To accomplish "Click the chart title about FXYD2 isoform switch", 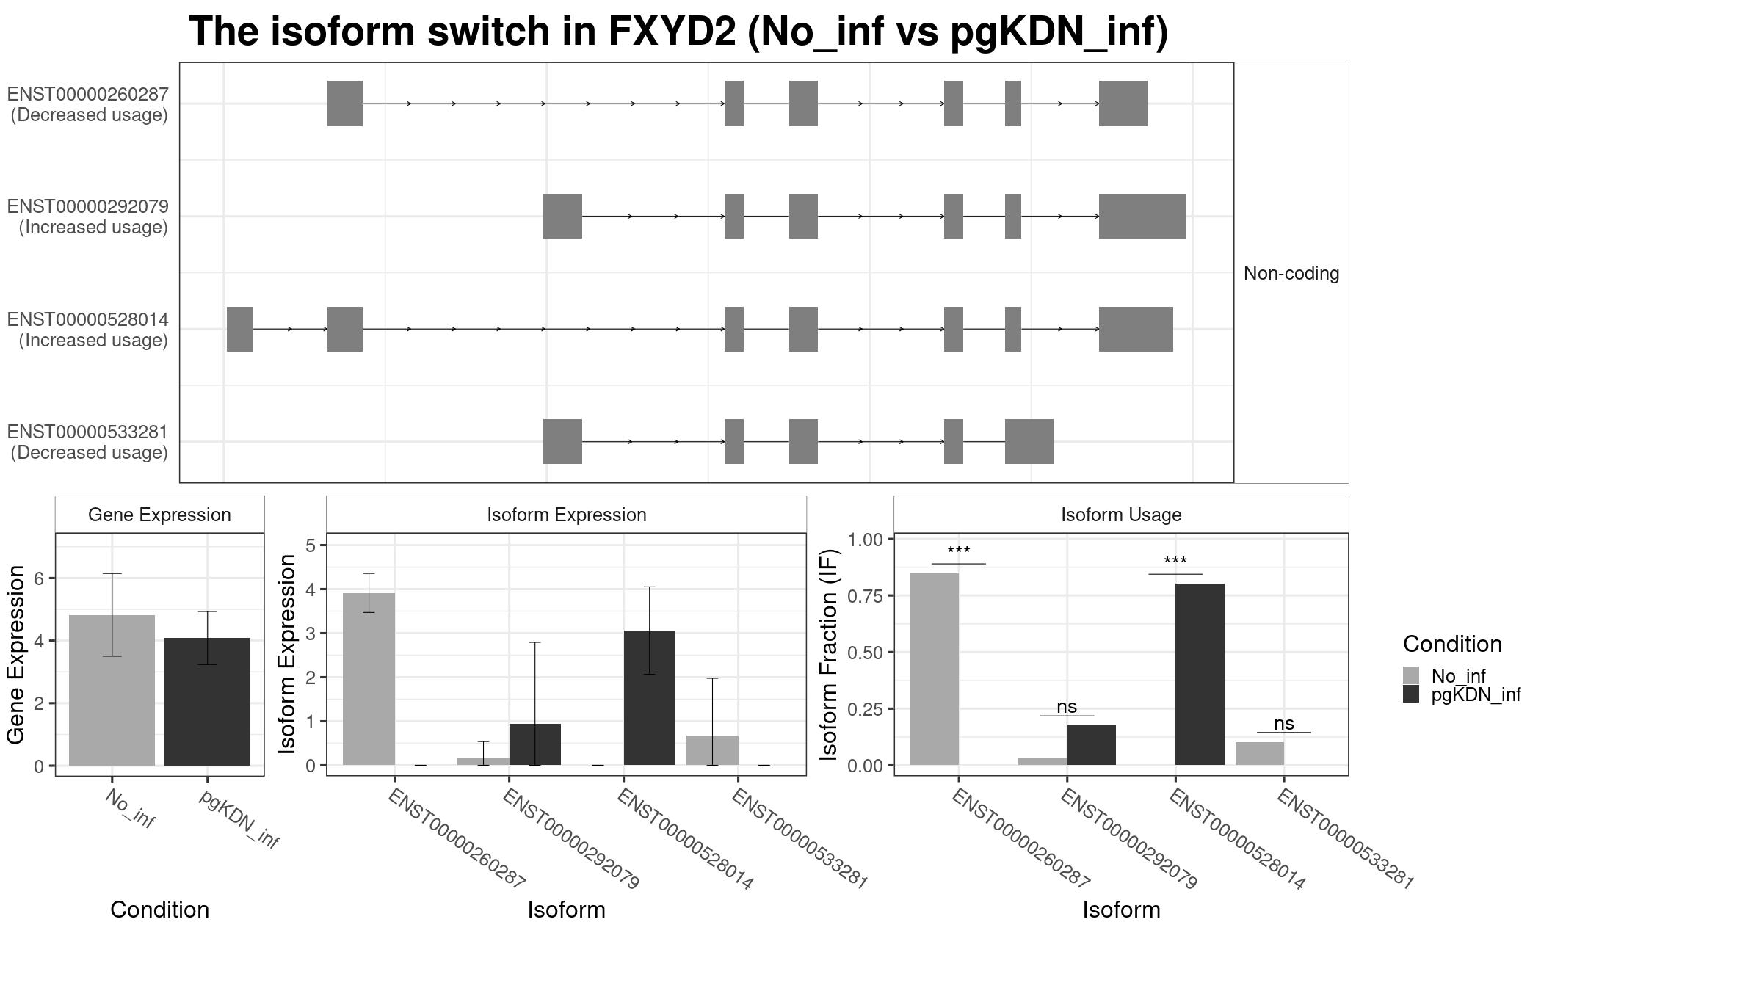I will coord(678,32).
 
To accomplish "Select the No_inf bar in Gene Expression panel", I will coord(112,690).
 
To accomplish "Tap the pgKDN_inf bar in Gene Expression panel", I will coord(207,701).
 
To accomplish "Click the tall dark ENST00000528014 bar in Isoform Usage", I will coord(1200,674).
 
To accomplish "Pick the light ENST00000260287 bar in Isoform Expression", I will coord(369,679).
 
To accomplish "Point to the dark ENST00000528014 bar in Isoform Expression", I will coord(650,697).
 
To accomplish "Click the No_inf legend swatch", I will coord(1411,675).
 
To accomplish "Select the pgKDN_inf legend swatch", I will coord(1411,694).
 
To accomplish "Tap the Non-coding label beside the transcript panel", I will coord(1291,274).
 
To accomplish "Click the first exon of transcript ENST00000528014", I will coord(239,329).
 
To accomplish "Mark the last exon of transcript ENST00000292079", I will coord(1142,216).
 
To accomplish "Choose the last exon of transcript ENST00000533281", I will coord(1029,441).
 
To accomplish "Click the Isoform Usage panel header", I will coord(1121,515).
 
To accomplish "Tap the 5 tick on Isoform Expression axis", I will coord(311,545).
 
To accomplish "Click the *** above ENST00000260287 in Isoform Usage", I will coord(959,551).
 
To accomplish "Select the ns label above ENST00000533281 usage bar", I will coord(1284,724).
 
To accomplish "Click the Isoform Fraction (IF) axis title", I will coord(830,654).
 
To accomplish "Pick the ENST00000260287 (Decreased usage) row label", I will coord(88,104).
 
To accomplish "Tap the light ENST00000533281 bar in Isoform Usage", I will coord(1260,753).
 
